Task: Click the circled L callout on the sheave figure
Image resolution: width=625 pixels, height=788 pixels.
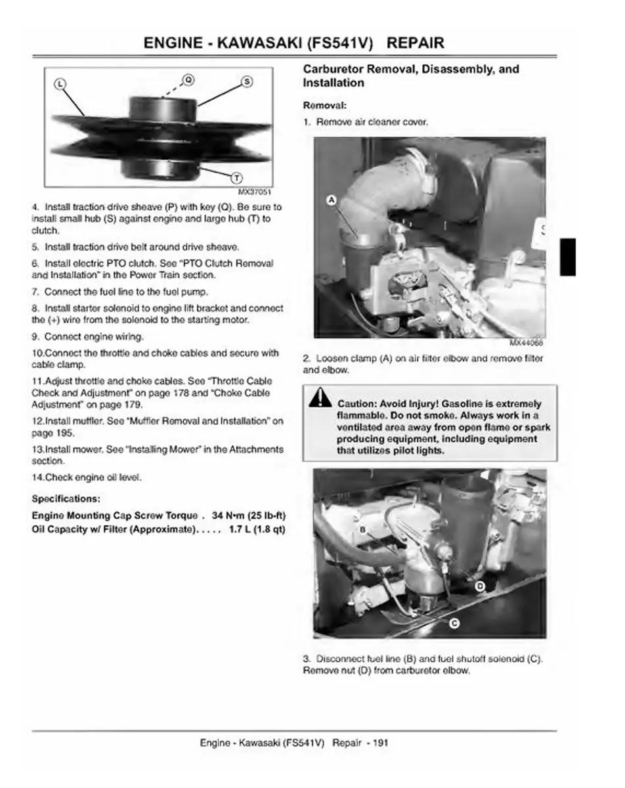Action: [x=59, y=83]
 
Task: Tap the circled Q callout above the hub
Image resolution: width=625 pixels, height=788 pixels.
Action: [x=188, y=79]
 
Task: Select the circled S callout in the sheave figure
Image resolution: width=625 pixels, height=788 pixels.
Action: [x=248, y=81]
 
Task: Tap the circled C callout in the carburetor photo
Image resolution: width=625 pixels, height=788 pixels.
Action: [x=454, y=624]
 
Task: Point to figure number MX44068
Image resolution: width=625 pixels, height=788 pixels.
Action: [x=527, y=343]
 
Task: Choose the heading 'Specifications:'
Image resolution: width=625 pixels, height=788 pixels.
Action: [x=66, y=498]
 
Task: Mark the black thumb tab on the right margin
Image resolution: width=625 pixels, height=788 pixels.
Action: [x=568, y=257]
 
